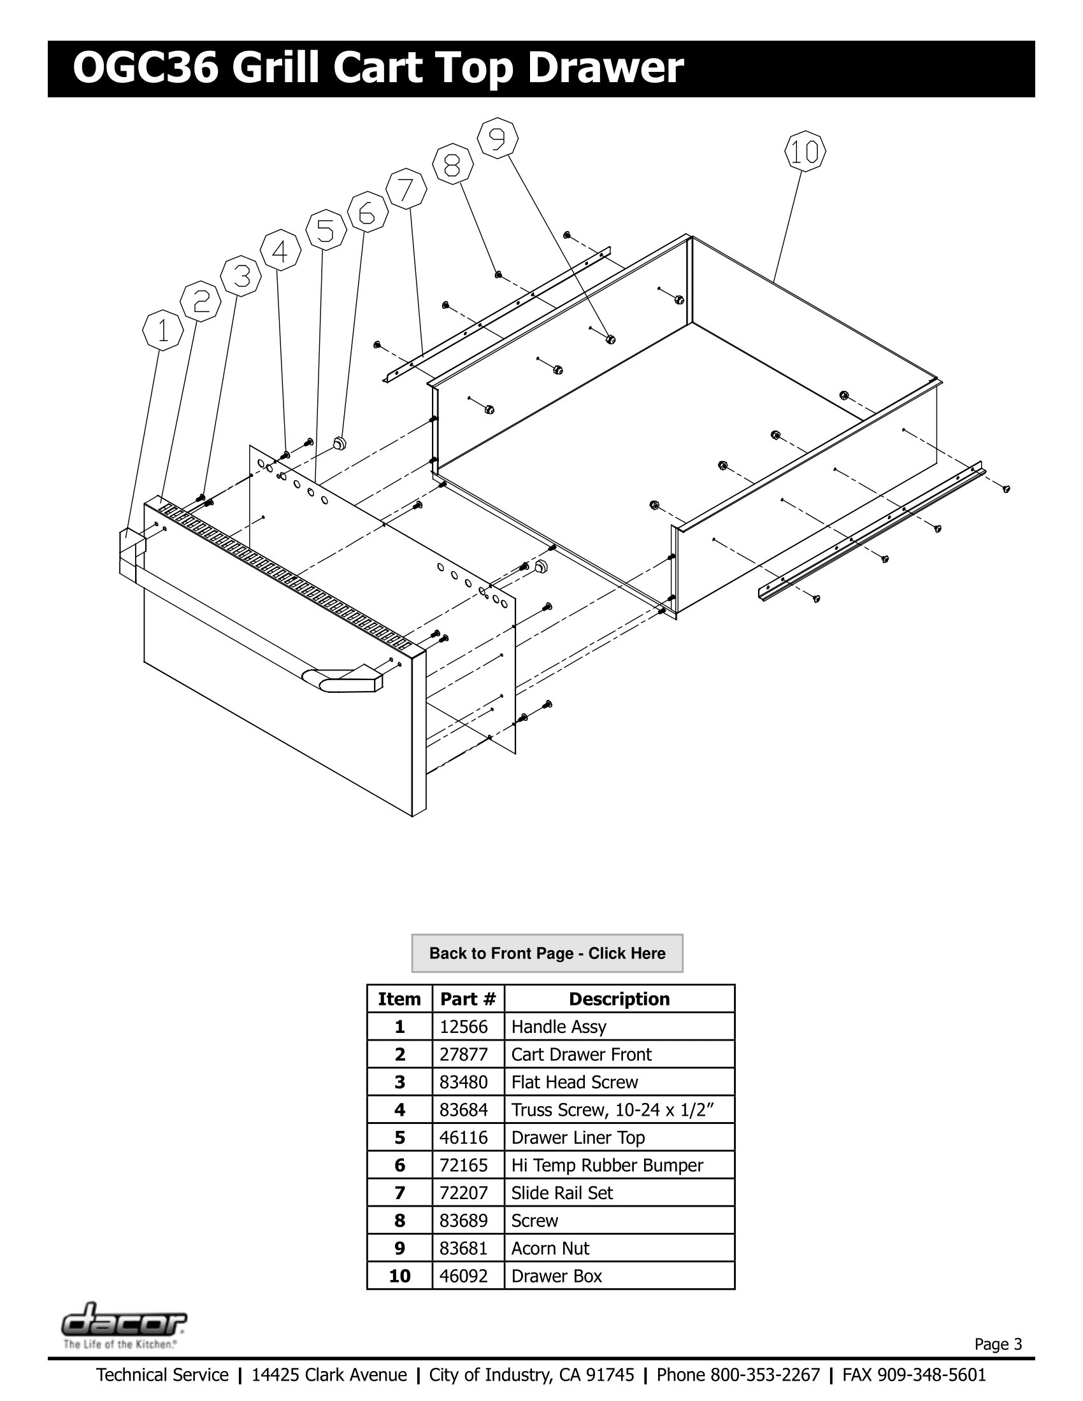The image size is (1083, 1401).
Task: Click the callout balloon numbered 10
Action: click(805, 152)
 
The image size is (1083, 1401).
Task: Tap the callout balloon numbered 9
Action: click(498, 139)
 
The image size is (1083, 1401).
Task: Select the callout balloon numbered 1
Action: click(163, 331)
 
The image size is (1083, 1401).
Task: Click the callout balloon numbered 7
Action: click(406, 189)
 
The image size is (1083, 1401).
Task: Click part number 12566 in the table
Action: click(463, 1027)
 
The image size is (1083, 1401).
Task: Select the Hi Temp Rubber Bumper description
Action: click(606, 1165)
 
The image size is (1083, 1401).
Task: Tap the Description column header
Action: click(619, 999)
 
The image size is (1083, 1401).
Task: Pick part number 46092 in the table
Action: click(463, 1276)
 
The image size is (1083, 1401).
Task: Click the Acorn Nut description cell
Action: click(550, 1248)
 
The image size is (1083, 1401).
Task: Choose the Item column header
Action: click(399, 999)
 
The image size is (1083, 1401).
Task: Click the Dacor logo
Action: click(124, 1322)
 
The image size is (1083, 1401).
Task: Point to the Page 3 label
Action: click(998, 1344)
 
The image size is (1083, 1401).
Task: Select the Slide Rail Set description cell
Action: click(561, 1193)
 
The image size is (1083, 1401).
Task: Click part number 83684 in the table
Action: click(463, 1110)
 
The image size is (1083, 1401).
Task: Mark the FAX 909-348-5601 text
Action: click(914, 1375)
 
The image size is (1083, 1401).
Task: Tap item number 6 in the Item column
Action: click(399, 1165)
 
